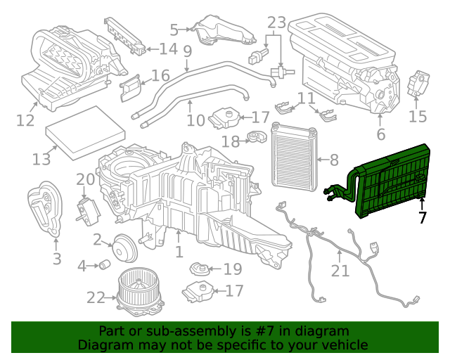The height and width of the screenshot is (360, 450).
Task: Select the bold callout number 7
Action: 422,218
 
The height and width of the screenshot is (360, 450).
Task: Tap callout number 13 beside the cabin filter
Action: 41,160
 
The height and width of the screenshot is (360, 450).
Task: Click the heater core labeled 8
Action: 293,160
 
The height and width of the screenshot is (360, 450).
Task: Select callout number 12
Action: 25,121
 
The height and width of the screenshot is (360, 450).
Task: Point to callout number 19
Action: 233,269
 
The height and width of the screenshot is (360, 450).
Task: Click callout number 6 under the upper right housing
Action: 381,134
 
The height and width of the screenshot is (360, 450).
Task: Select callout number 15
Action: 418,115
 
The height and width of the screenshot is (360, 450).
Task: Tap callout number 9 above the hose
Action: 187,51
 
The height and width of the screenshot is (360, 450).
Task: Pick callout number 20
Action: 84,179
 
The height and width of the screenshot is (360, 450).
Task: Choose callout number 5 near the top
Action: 174,30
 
